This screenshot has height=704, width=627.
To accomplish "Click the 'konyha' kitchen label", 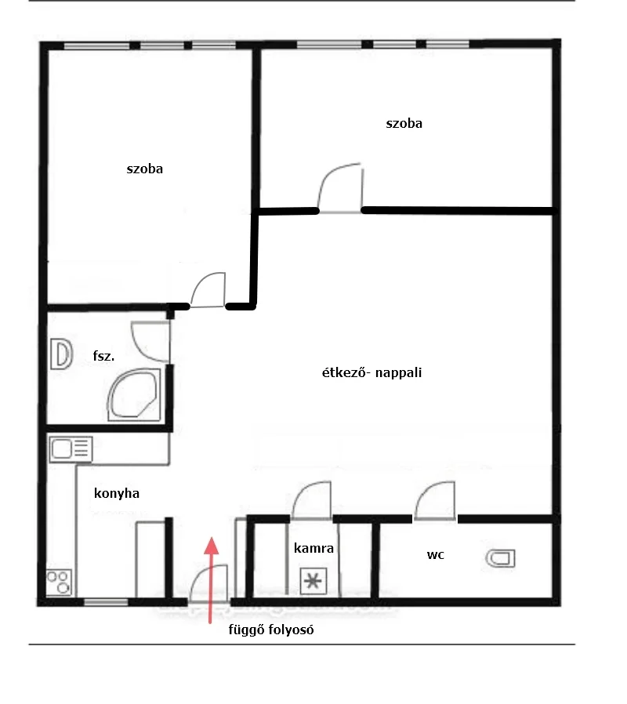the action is (x=117, y=493).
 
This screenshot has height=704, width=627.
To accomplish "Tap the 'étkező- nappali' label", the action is (x=371, y=372).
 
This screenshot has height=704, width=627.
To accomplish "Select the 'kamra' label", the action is (x=313, y=548).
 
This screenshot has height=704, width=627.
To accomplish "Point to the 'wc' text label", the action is (x=435, y=555).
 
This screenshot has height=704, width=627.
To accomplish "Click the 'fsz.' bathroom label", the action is (x=103, y=356).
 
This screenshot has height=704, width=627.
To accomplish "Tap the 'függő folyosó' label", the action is (x=271, y=630).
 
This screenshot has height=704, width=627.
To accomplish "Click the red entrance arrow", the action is (x=211, y=580).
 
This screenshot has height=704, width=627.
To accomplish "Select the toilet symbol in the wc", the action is (x=501, y=558).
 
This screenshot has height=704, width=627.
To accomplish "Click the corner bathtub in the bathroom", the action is (x=134, y=395).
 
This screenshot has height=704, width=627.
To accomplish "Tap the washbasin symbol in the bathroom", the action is (x=62, y=354).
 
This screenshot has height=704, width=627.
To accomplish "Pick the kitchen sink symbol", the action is (x=71, y=449).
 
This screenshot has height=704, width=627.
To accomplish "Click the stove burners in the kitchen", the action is (x=60, y=582).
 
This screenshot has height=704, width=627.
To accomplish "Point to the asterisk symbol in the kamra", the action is (x=313, y=582).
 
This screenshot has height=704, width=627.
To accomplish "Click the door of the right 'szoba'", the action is (x=340, y=187).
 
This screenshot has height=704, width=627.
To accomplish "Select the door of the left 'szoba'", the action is (x=208, y=289).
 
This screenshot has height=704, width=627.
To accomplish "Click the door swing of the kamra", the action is (x=311, y=500).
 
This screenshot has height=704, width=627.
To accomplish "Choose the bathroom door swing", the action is (x=150, y=342).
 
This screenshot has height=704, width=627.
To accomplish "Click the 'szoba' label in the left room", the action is (x=144, y=169).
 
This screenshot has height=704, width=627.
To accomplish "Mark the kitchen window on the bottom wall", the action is (x=106, y=602).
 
